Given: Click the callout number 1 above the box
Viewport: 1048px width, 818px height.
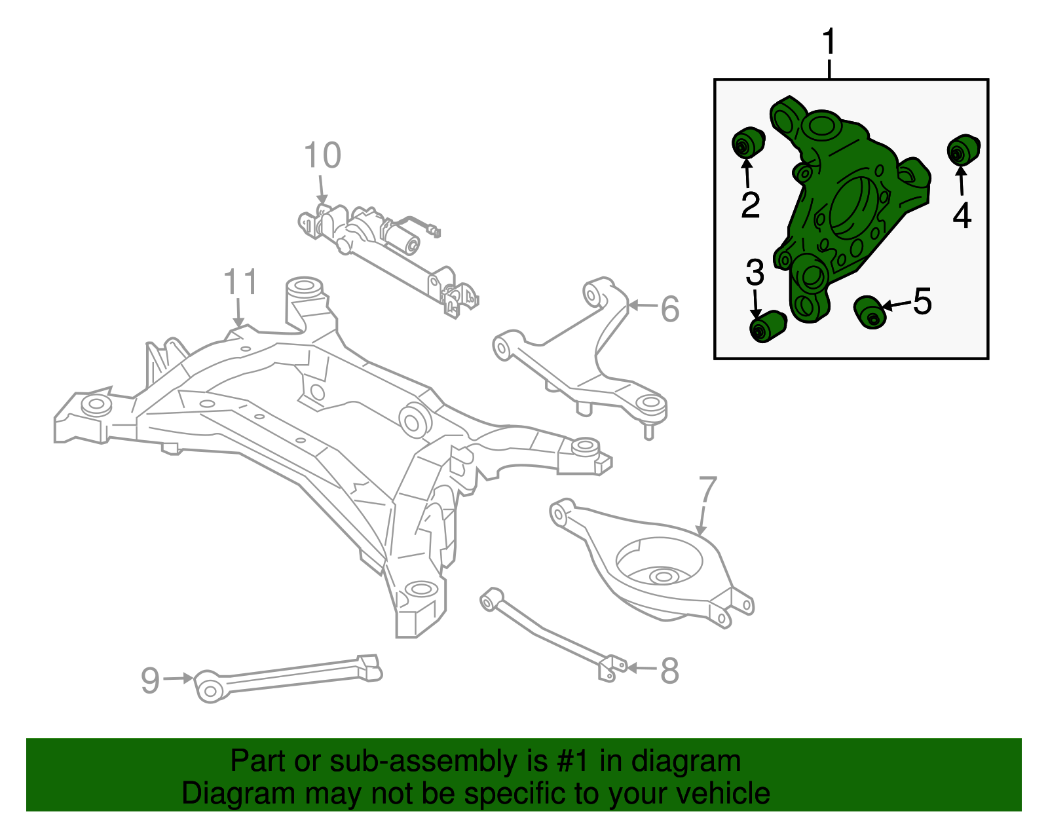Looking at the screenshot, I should (x=829, y=43).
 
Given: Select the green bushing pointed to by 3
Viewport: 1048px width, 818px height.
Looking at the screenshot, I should (x=766, y=325).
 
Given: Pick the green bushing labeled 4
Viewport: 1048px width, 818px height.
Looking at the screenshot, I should (x=963, y=149).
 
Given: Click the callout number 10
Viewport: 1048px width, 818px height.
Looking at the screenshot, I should (x=322, y=156).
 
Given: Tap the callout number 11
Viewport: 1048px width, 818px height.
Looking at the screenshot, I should (x=240, y=282).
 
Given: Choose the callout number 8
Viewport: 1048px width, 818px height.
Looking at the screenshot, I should (x=669, y=671).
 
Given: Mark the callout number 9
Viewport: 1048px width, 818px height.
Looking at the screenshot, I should (x=150, y=680).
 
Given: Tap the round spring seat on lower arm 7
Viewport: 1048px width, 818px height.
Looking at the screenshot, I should (x=660, y=562).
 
